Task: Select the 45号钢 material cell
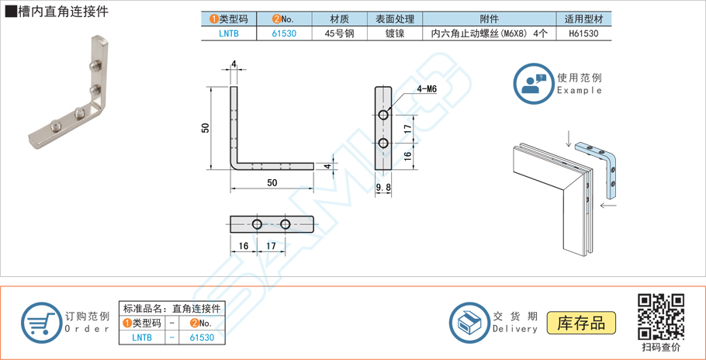click(339, 33)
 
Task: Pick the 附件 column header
click(490, 19)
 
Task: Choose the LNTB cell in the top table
click(229, 33)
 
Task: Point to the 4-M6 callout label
click(426, 89)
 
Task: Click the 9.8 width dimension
click(382, 187)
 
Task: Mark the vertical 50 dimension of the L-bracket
click(206, 127)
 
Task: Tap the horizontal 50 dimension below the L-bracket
click(272, 183)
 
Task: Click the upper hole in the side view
click(383, 116)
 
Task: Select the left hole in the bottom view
click(258, 224)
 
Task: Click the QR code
click(660, 317)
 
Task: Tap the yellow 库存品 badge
click(581, 323)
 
